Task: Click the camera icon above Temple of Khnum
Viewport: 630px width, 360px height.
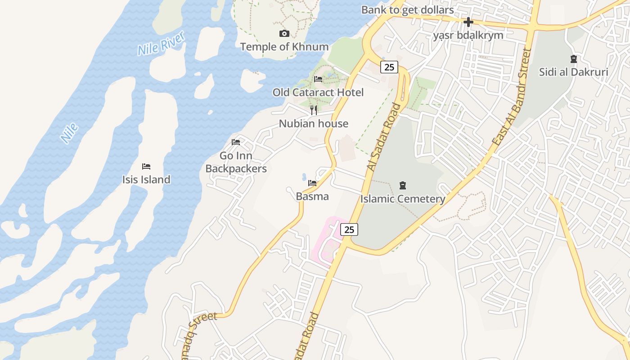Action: (x=284, y=34)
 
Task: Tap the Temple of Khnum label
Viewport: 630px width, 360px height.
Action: (x=284, y=47)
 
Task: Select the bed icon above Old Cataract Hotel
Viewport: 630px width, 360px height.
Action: (x=318, y=79)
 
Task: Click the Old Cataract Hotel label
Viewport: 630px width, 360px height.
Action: (x=318, y=92)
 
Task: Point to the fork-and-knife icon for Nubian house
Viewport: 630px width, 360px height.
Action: (x=314, y=110)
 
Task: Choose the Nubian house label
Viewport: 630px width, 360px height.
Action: (x=314, y=124)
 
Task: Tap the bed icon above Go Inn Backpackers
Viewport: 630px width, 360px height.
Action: (x=236, y=142)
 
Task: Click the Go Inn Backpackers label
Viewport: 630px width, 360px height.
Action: (x=236, y=162)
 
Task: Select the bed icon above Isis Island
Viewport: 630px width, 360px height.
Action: (x=146, y=166)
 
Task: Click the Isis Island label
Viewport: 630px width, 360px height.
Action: (x=146, y=180)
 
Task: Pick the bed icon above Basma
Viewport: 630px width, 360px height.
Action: (x=312, y=183)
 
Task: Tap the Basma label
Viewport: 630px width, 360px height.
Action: (x=312, y=196)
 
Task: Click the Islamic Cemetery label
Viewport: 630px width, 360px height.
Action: (x=403, y=198)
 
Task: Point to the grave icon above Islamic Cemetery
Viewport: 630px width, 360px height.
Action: (x=403, y=185)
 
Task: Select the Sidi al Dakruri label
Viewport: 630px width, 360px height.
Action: (x=573, y=72)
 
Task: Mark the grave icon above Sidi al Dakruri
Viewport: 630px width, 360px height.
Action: (x=573, y=59)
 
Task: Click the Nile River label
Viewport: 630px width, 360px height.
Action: (x=161, y=44)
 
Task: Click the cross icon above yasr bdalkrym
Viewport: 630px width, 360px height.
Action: (x=468, y=22)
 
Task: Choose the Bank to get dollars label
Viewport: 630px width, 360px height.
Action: (x=407, y=9)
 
